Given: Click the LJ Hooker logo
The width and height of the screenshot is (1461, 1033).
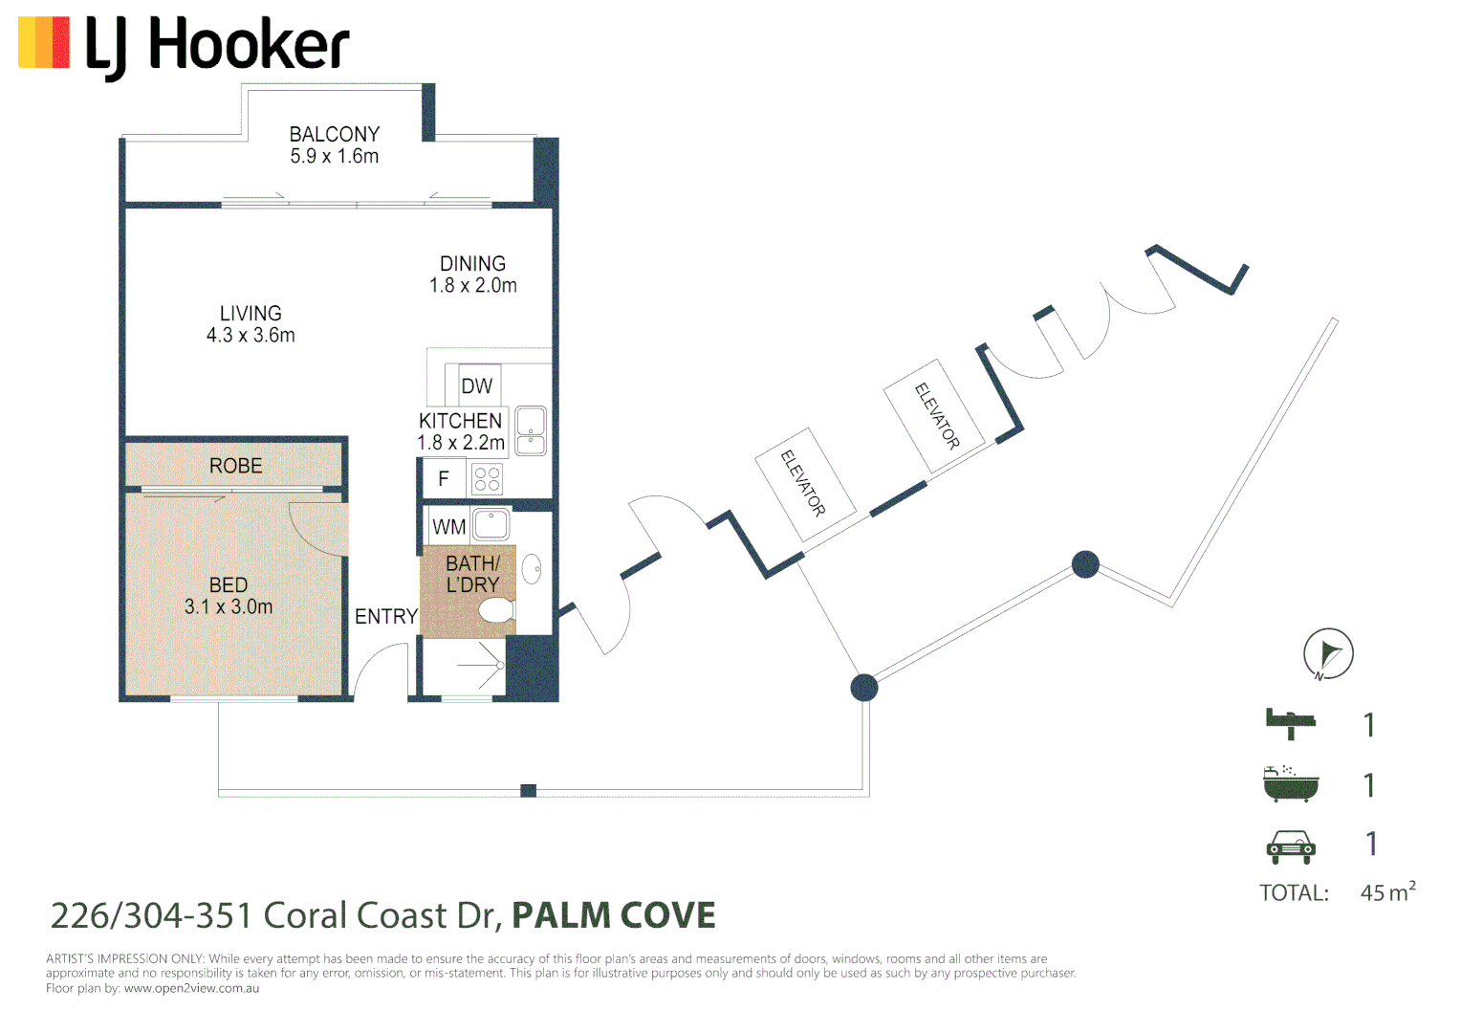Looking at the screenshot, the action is [184, 48].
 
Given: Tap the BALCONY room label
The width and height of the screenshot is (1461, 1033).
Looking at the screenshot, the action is [334, 135].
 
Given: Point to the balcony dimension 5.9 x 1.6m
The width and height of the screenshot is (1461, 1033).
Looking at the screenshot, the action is [334, 156].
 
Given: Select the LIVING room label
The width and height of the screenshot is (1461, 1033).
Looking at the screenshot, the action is [251, 313].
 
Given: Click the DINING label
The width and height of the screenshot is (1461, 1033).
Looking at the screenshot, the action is [473, 264].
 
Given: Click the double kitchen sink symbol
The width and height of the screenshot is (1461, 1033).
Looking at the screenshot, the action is [531, 430].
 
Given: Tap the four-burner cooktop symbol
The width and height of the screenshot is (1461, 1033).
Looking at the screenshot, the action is [488, 479].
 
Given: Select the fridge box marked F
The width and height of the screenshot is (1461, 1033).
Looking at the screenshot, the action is [444, 479].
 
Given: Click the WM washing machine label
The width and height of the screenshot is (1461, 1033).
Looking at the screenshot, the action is [448, 527].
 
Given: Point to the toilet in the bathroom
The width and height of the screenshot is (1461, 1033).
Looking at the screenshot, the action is [497, 611].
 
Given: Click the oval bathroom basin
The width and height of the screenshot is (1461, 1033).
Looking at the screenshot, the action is [533, 569].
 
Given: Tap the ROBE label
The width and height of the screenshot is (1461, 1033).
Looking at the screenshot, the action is [235, 466].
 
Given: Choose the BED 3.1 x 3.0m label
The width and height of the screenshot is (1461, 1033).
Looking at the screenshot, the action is [229, 596].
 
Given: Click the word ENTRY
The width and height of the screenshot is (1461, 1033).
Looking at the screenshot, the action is [386, 616].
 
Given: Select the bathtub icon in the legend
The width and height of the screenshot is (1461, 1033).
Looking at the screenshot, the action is [1291, 783].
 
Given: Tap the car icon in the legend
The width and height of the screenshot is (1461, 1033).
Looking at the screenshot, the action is [1291, 846].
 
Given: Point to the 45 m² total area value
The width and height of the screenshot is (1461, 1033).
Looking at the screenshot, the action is [1388, 891].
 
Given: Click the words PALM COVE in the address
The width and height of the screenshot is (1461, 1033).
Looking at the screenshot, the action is [614, 915].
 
